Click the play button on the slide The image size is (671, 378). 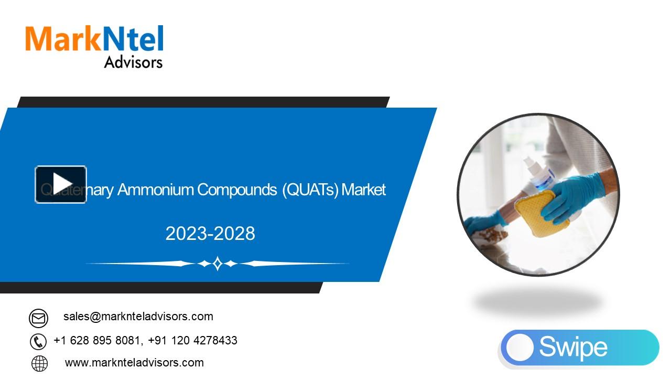click(61, 184)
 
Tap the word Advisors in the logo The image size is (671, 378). click(133, 62)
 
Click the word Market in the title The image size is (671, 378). click(363, 190)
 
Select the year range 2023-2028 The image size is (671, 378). click(210, 234)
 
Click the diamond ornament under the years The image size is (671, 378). click(217, 264)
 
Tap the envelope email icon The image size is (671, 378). click(38, 318)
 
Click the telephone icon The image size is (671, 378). click(38, 341)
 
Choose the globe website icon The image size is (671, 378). click(39, 363)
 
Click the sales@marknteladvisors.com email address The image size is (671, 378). click(138, 317)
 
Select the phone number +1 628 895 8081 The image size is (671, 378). click(97, 341)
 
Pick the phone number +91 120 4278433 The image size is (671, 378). click(193, 341)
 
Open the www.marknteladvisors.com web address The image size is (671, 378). click(134, 363)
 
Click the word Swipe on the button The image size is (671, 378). click(573, 347)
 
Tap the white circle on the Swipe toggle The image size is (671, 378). click(520, 348)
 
